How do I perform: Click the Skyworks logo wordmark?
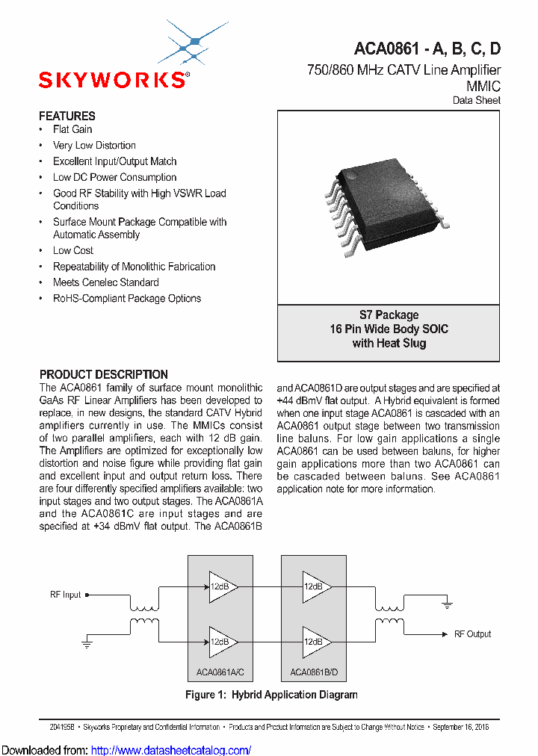(x=113, y=80)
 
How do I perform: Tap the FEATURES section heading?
(x=67, y=116)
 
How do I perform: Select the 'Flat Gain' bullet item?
(x=72, y=129)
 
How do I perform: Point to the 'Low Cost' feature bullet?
(x=73, y=250)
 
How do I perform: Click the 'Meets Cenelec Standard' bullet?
(x=105, y=282)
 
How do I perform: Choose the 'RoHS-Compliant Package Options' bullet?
(x=126, y=298)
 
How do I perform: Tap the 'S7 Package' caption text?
(x=389, y=315)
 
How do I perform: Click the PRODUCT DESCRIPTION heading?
(x=103, y=374)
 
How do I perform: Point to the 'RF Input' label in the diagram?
(x=66, y=595)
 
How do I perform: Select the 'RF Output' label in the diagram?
(x=472, y=633)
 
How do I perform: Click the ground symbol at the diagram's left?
(x=86, y=642)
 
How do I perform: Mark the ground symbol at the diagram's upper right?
(x=446, y=602)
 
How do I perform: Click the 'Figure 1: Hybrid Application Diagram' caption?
(x=271, y=695)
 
